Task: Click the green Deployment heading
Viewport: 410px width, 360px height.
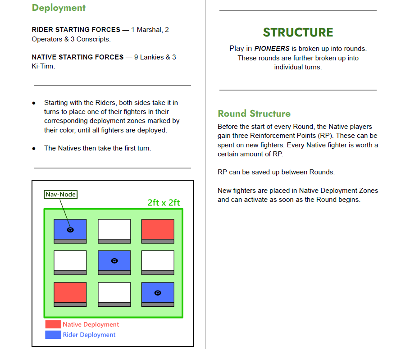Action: point(59,8)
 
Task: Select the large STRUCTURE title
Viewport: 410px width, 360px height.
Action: point(298,32)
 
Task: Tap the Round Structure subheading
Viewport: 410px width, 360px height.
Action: point(254,114)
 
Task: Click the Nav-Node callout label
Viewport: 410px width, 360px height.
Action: point(61,195)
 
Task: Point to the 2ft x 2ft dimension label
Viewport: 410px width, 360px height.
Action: point(164,203)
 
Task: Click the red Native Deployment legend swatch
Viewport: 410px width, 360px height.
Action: point(53,324)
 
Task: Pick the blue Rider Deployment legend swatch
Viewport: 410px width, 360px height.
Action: point(53,335)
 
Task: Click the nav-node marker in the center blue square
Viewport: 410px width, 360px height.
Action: point(114,261)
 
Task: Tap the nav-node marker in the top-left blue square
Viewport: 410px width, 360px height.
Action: point(70,230)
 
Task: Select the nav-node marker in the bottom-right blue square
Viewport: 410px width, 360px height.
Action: point(158,293)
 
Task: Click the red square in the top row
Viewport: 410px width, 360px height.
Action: point(158,229)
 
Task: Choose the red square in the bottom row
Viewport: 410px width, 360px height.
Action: point(70,292)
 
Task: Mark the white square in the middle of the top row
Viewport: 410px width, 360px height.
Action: point(114,229)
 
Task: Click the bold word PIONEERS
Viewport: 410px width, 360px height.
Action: point(272,49)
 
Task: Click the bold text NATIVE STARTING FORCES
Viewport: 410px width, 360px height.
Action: point(77,57)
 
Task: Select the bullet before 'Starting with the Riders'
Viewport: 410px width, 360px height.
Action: point(34,103)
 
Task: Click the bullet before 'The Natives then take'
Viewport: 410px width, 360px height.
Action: point(34,148)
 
